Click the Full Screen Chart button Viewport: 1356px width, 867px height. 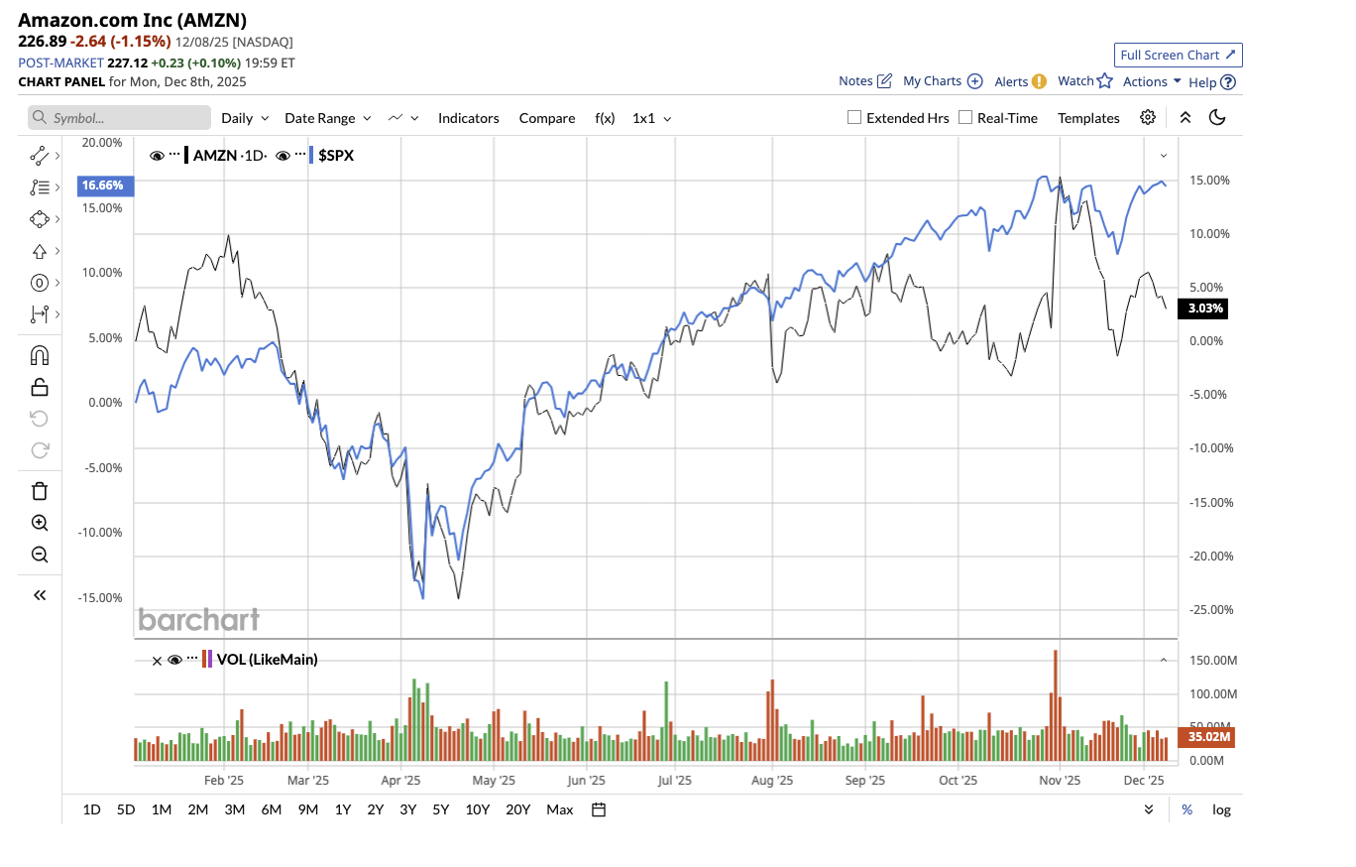(x=1178, y=55)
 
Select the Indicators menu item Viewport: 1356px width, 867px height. (x=468, y=118)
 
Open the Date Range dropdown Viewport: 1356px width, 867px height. (x=327, y=118)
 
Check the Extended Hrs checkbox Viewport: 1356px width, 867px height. (x=854, y=118)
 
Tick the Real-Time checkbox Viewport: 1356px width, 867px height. (x=965, y=118)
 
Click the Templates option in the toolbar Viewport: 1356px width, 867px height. (x=1088, y=118)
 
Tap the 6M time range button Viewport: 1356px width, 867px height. (x=272, y=809)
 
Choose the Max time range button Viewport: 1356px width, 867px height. (x=559, y=809)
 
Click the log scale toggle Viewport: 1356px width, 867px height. (x=1221, y=809)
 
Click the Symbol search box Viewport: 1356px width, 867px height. (x=120, y=118)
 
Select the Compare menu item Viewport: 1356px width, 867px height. (x=546, y=118)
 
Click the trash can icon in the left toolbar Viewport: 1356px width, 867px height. (x=40, y=491)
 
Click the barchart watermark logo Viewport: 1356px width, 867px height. (x=198, y=620)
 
